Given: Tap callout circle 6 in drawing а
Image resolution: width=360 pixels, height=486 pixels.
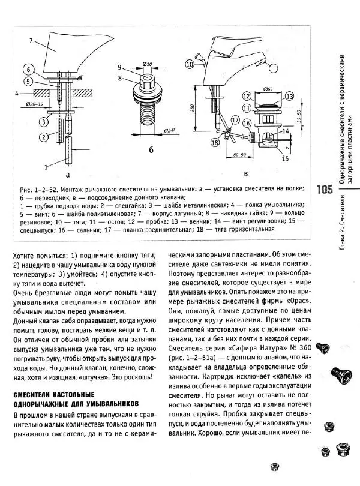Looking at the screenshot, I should click(x=28, y=70).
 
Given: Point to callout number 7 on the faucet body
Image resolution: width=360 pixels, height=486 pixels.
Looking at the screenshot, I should click(x=29, y=41).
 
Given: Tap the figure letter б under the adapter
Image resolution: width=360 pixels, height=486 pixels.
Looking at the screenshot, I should click(x=146, y=148).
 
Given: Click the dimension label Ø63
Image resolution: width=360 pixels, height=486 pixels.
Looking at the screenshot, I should click(x=269, y=89).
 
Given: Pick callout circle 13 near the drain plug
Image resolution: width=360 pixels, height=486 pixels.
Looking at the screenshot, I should click(x=289, y=97).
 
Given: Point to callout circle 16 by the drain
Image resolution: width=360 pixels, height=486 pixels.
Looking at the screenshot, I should click(x=246, y=122).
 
